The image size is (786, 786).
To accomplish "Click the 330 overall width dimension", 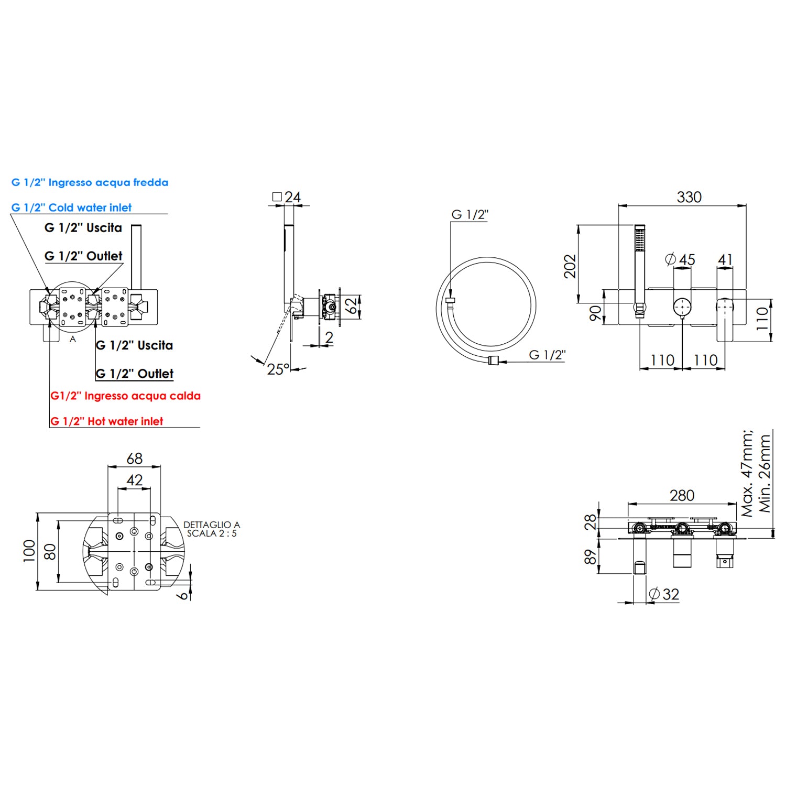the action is (x=689, y=197).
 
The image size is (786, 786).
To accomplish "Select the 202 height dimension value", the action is (x=570, y=266).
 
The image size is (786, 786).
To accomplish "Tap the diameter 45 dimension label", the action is (x=680, y=259).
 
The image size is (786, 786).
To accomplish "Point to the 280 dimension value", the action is (x=682, y=495).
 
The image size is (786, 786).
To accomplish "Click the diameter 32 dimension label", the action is (x=664, y=594).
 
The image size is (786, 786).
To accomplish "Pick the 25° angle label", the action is (x=278, y=369).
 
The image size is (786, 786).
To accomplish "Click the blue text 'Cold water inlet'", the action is (x=90, y=208).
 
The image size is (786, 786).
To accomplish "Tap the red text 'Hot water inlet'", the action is (x=125, y=421).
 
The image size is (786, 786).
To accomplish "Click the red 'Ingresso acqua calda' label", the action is (x=143, y=396).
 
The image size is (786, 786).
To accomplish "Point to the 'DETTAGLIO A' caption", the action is (x=212, y=525).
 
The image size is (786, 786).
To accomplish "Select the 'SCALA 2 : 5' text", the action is (x=212, y=533).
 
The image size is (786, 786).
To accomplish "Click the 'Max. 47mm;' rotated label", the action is (x=747, y=473).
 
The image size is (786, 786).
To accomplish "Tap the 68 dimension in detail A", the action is (x=135, y=458).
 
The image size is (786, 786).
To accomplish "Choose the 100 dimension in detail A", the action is (x=29, y=551).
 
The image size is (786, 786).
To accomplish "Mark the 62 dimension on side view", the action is (x=353, y=305).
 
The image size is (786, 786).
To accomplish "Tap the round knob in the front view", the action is (x=682, y=306).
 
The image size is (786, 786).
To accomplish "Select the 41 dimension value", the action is (x=725, y=259).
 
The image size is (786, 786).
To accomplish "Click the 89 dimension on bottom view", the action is (x=591, y=556).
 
